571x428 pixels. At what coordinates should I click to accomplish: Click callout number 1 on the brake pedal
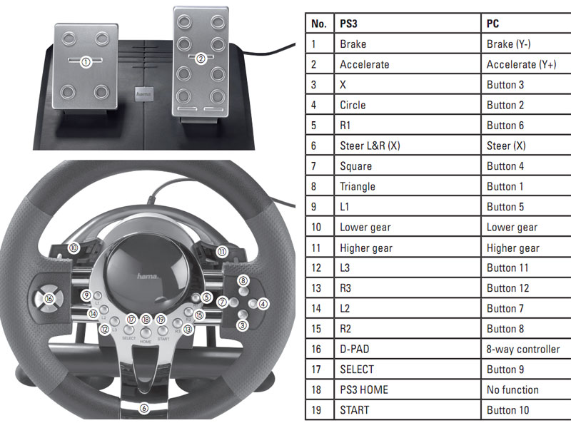[x=86, y=62]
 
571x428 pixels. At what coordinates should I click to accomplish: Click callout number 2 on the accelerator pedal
[x=201, y=59]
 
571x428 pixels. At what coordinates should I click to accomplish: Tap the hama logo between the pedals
[x=143, y=92]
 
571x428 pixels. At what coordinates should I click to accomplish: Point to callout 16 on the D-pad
[x=49, y=299]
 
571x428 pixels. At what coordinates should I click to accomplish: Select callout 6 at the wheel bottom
[x=143, y=409]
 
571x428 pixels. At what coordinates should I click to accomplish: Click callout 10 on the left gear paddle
[x=74, y=248]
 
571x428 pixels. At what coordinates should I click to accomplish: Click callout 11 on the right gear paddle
[x=222, y=251]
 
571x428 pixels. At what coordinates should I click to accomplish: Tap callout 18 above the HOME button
[x=146, y=320]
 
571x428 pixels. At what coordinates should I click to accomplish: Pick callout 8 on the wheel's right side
[x=243, y=281]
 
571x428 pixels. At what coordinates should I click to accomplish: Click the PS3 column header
[x=348, y=24]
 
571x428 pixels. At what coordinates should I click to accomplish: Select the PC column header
[x=494, y=24]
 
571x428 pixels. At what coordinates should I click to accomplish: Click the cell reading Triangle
[x=357, y=186]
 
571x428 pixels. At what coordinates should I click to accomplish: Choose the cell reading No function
[x=512, y=389]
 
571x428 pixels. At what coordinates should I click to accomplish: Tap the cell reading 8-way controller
[x=523, y=349]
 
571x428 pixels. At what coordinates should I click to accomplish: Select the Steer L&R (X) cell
[x=370, y=146]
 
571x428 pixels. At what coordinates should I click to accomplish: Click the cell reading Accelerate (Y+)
[x=522, y=64]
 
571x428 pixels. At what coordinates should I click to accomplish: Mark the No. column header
[x=319, y=24]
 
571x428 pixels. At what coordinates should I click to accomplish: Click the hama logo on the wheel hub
[x=147, y=275]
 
